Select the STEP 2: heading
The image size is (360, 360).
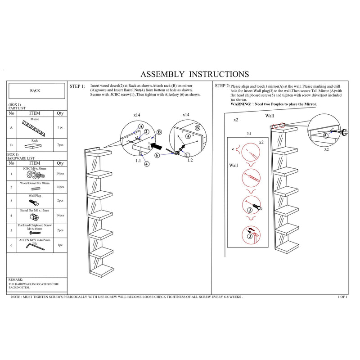tap(222, 85)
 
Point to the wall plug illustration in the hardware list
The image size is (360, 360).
tap(35, 202)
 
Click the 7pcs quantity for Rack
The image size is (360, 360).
tap(60, 145)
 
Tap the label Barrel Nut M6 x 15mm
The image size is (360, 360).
tap(35, 210)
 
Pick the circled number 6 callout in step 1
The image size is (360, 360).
tap(157, 155)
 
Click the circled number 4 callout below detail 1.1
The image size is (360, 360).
tap(147, 164)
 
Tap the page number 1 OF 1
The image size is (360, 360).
tap(343, 297)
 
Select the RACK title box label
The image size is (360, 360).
tap(35, 90)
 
